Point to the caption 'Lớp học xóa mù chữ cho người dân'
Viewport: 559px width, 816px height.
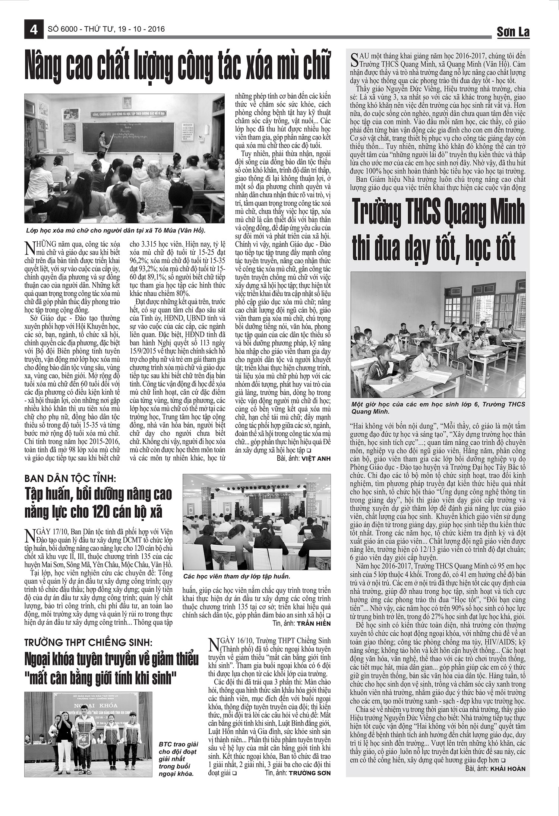click(x=116, y=230)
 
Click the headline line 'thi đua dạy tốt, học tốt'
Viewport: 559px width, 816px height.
click(x=435, y=249)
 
